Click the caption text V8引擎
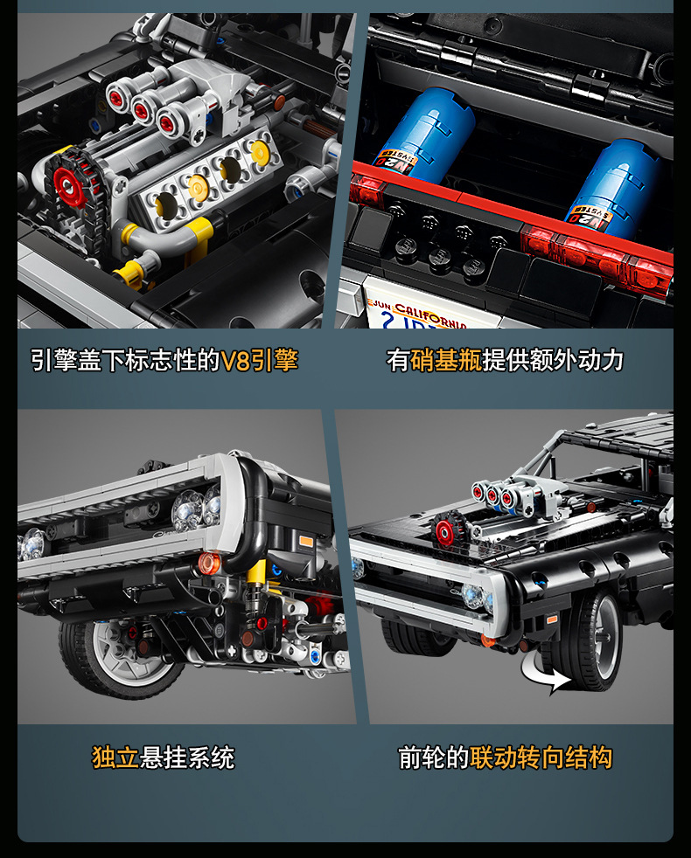coord(261,360)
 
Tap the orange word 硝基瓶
coord(446,360)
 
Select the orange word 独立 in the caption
coord(116,757)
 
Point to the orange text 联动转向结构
coord(541,757)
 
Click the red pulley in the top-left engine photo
coord(66,184)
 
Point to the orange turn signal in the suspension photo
coord(207,564)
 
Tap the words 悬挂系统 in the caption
coord(187,757)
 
